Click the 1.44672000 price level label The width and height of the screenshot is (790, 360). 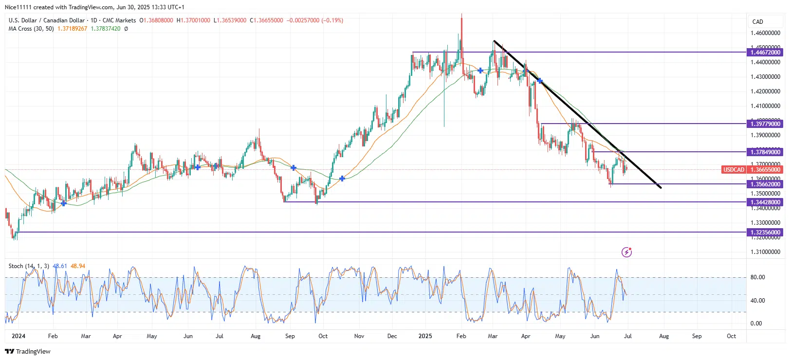pos(765,53)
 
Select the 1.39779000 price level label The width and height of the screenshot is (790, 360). pos(765,124)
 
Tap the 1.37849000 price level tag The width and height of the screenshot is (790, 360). pos(765,152)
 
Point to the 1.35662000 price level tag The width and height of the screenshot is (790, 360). pos(765,184)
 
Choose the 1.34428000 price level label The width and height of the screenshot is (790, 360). pos(765,202)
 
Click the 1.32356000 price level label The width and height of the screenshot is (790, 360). pos(765,233)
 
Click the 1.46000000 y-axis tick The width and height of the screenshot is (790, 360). pos(765,33)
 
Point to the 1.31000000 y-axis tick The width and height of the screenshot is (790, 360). pos(765,252)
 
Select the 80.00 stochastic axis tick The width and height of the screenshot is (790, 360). pos(757,277)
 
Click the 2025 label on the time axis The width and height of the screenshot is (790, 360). pos(425,336)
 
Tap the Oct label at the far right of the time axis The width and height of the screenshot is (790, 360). pos(731,336)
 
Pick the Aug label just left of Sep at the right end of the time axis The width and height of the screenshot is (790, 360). pos(664,336)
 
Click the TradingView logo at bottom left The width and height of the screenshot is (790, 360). pos(28,351)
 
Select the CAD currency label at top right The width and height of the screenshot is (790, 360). pos(757,22)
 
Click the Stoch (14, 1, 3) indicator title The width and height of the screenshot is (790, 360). pos(29,266)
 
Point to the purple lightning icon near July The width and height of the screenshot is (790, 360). pos(626,252)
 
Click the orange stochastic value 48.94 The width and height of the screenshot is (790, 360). pos(78,266)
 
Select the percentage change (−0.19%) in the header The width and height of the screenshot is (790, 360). pos(332,20)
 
